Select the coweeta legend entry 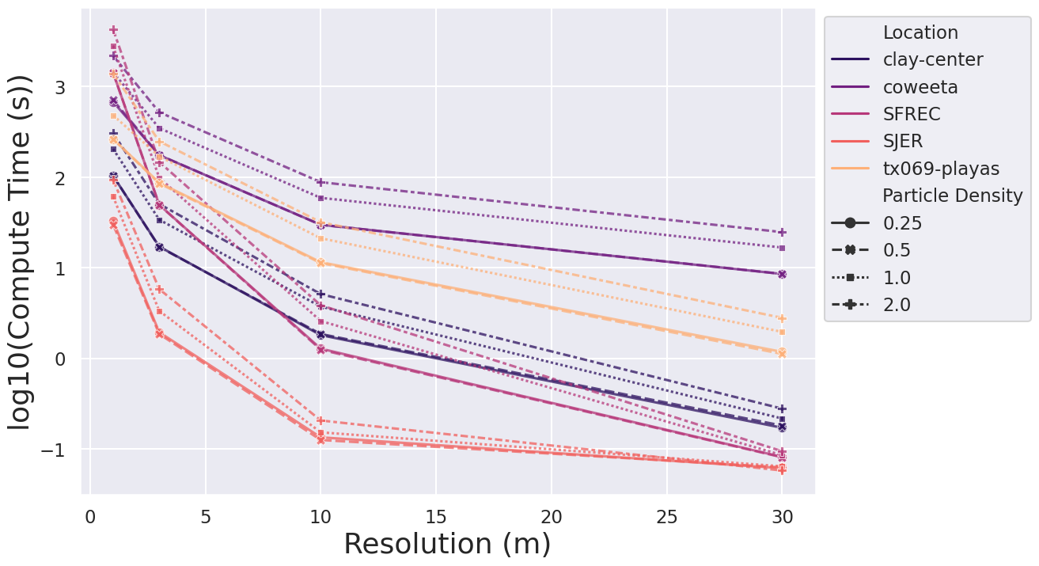pyautogui.click(x=920, y=87)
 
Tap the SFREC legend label pyautogui.click(x=912, y=114)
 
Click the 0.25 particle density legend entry pyautogui.click(x=902, y=223)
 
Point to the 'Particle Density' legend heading pyautogui.click(x=953, y=196)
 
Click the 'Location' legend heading pyautogui.click(x=920, y=32)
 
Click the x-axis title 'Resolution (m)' pyautogui.click(x=447, y=545)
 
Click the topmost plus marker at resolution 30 pyautogui.click(x=782, y=232)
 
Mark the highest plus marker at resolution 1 pyautogui.click(x=113, y=30)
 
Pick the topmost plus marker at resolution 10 pyautogui.click(x=320, y=182)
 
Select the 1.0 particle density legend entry pyautogui.click(x=897, y=277)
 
